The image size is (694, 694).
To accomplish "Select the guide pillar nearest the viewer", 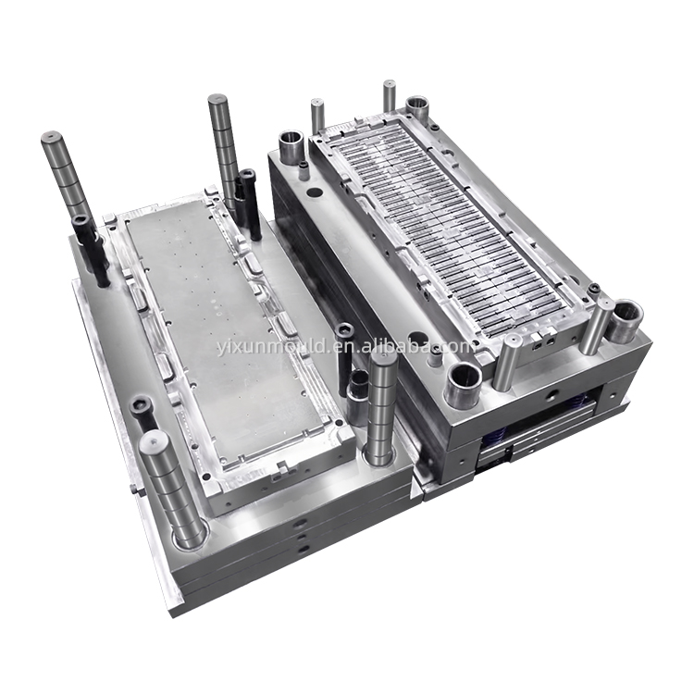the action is coord(172,490).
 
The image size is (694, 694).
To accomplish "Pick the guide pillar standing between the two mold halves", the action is coord(380,405).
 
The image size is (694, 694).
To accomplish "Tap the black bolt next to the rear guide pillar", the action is coord(248,204).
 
